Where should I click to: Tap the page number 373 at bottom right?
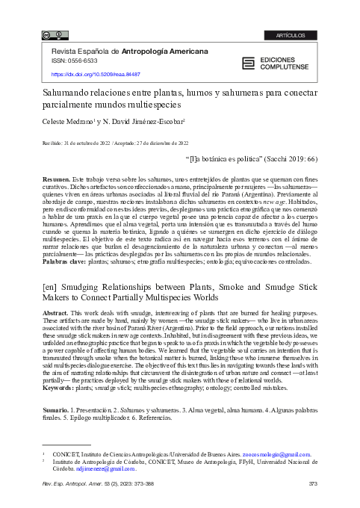point(314,486)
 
